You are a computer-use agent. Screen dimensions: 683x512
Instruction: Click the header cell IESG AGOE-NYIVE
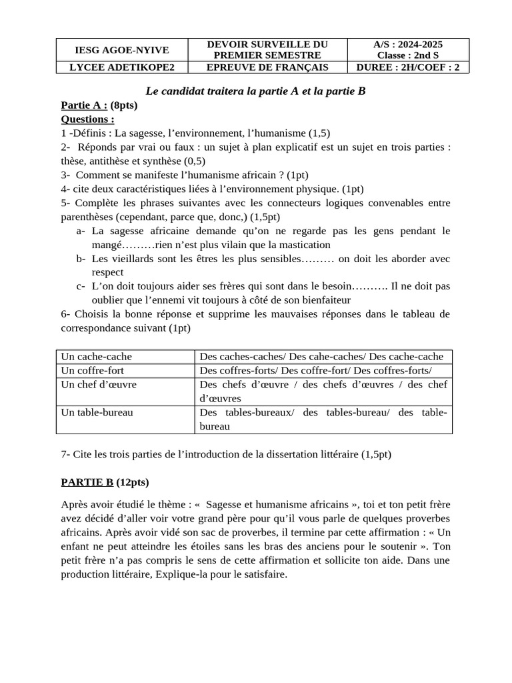tap(122, 50)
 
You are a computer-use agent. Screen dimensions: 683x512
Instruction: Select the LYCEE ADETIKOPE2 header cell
tap(122, 67)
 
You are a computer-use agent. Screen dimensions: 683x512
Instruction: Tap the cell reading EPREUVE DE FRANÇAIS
tap(267, 67)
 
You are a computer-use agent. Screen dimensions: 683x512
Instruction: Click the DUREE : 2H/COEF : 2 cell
tap(408, 67)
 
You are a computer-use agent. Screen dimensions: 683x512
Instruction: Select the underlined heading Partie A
tap(84, 105)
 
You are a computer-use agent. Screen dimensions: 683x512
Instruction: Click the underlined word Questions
tap(87, 119)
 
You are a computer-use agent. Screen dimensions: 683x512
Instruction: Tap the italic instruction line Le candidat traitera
tap(256, 91)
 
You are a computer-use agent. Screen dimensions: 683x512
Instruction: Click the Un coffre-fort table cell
tap(93, 370)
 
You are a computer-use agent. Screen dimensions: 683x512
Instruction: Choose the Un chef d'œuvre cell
tap(99, 385)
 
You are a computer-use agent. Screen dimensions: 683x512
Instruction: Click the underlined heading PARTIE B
tap(87, 482)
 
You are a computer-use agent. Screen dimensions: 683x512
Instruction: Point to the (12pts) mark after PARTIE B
tap(133, 482)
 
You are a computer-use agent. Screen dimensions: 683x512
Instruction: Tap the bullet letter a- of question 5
tap(81, 231)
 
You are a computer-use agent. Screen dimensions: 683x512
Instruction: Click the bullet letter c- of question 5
tap(81, 286)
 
